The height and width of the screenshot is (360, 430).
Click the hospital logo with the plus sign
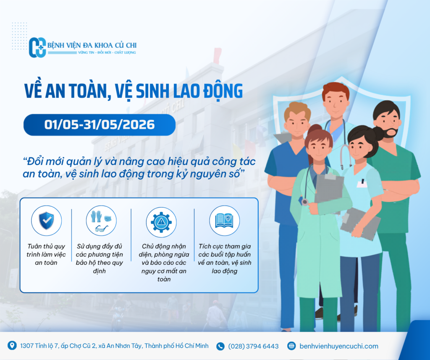coord(37,47)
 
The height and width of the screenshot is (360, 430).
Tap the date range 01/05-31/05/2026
coord(100,125)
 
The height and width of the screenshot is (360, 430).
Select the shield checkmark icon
coord(46,221)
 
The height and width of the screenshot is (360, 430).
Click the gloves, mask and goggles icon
coord(101,221)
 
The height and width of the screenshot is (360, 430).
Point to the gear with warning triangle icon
coord(161,222)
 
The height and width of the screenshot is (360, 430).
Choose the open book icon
coord(224,221)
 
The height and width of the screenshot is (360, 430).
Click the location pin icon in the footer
coord(12,345)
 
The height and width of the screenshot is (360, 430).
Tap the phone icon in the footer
coord(220,346)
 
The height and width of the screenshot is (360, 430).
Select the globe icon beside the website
coord(291,346)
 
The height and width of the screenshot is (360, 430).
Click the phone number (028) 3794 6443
coord(253,346)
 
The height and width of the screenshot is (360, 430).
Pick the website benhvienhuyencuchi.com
coord(339,346)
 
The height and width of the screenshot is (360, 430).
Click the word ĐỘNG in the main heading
coord(223,91)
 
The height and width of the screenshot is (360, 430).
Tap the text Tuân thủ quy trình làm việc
coord(46,250)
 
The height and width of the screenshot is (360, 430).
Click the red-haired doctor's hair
coord(335,90)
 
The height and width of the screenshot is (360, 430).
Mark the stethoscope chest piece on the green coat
coord(305,202)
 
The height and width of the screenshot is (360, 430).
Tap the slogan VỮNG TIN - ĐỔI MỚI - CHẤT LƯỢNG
coord(107,52)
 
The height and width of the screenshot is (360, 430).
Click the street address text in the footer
coord(114,346)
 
